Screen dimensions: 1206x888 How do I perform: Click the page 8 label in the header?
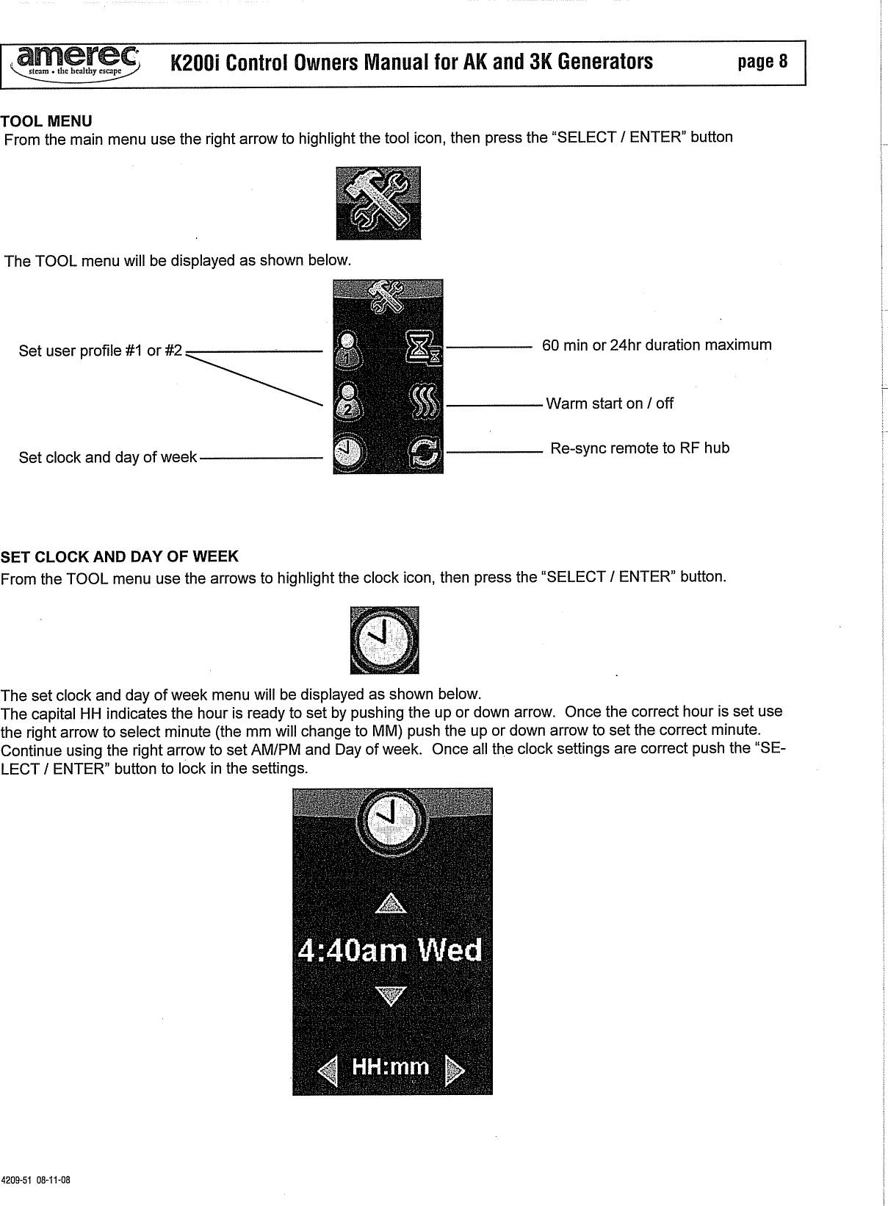click(x=762, y=62)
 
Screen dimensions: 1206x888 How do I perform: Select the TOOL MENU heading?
click(x=46, y=121)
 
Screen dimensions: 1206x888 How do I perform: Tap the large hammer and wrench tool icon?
click(x=378, y=203)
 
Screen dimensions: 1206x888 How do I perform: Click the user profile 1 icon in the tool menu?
click(x=347, y=348)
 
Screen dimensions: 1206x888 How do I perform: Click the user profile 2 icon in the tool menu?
click(x=347, y=402)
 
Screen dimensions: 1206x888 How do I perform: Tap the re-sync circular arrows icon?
click(x=425, y=456)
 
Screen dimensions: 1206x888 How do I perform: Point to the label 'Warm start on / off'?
click(x=610, y=403)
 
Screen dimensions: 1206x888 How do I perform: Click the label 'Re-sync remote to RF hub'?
click(x=640, y=448)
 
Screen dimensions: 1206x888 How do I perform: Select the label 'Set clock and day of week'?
click(x=108, y=457)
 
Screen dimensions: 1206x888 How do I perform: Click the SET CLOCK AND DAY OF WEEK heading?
click(x=120, y=556)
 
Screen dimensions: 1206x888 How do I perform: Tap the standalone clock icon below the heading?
click(x=384, y=639)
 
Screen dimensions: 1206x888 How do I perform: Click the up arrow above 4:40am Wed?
click(x=390, y=903)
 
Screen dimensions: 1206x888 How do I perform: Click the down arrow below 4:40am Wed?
click(x=390, y=997)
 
